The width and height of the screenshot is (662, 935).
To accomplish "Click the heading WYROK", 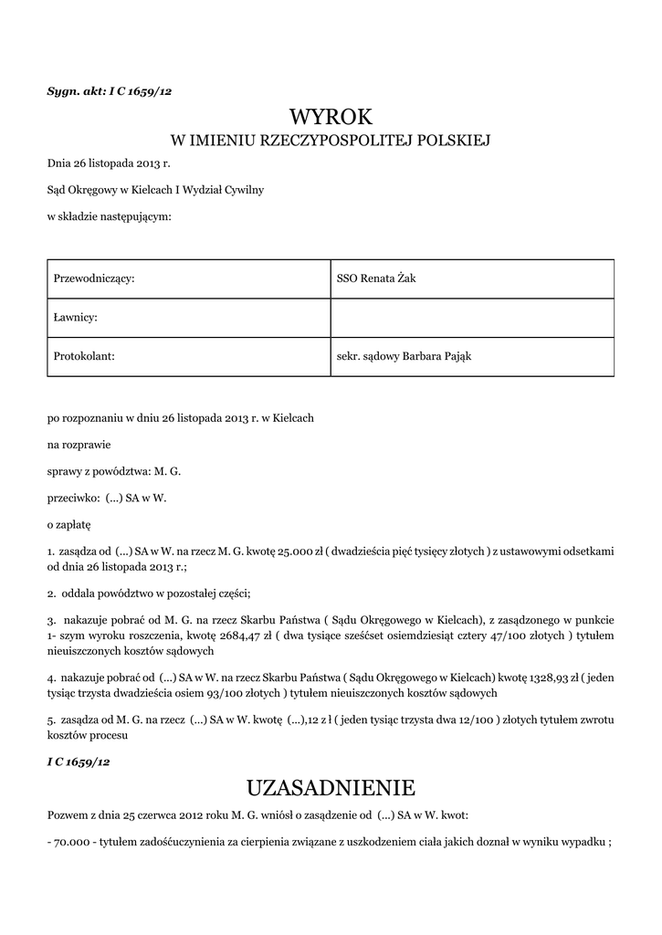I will (x=331, y=116).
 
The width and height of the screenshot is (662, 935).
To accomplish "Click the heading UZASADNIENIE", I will (x=331, y=787).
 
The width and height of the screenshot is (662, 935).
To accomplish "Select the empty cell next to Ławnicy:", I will (x=471, y=317).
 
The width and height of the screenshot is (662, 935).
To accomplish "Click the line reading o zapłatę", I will (x=69, y=525).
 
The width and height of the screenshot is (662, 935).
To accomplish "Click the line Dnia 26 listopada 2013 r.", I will (x=109, y=164).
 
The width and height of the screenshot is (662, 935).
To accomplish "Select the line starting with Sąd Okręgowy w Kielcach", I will (x=155, y=190).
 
